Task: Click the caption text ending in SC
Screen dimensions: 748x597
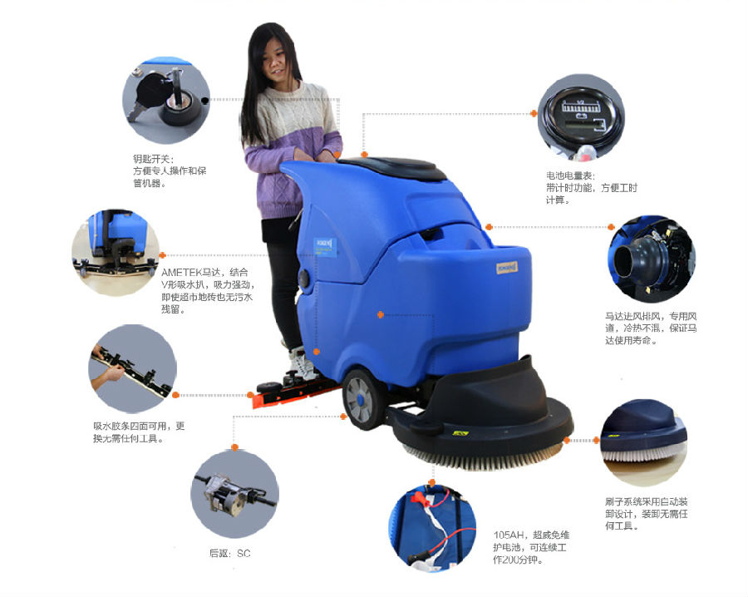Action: pyautogui.click(x=230, y=554)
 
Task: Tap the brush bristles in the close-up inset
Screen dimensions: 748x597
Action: pyautogui.click(x=642, y=455)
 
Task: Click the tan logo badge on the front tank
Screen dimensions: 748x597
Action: pyautogui.click(x=507, y=267)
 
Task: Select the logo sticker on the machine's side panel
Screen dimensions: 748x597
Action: pyautogui.click(x=326, y=247)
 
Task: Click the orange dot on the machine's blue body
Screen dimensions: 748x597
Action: pyautogui.click(x=380, y=314)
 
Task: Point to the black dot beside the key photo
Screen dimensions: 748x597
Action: pyautogui.click(x=205, y=101)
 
